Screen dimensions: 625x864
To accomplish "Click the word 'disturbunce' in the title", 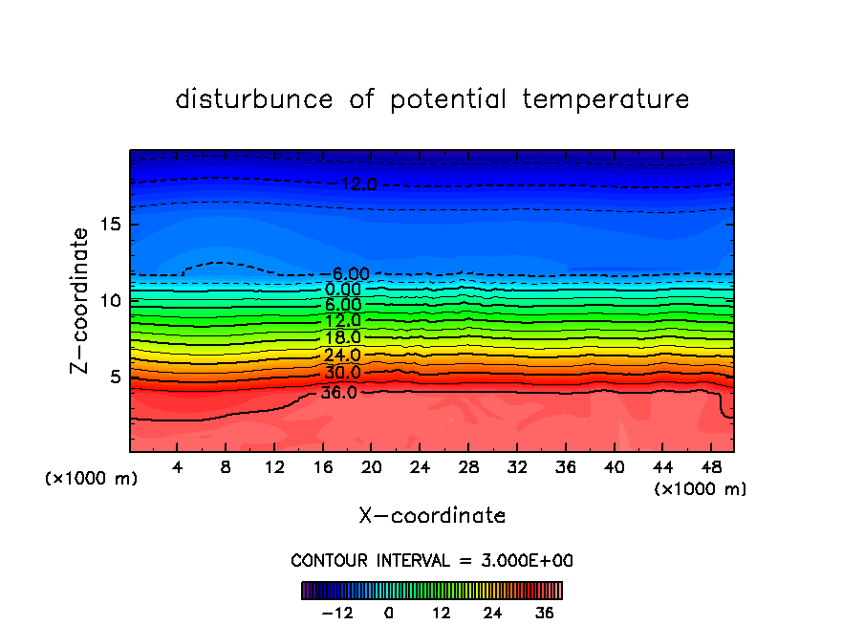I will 254,99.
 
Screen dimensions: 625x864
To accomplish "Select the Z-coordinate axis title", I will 81,300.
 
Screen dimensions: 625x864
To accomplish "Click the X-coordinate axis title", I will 432,516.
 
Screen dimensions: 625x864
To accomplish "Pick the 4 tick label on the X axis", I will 178,466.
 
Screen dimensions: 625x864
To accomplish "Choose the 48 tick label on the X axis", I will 709,466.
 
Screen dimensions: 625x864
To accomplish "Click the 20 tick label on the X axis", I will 371,466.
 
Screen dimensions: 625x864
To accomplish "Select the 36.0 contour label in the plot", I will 339,392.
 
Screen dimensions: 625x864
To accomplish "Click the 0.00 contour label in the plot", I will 342,290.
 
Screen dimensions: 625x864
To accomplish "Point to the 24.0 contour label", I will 342,356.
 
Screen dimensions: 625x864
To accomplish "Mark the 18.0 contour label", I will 342,338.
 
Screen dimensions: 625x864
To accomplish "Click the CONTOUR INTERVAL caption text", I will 432,560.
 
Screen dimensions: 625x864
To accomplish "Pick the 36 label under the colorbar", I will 545,613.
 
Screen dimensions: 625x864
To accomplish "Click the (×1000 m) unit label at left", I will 92,478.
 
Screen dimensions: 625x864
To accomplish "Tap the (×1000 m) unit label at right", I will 701,488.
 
